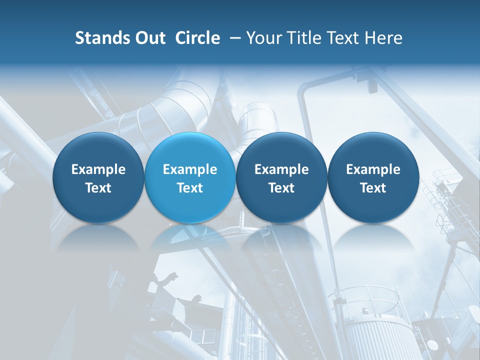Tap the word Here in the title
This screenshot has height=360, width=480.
pyautogui.click(x=382, y=38)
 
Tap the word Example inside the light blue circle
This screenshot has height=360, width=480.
pyautogui.click(x=190, y=169)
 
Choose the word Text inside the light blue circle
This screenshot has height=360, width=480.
pyautogui.click(x=190, y=188)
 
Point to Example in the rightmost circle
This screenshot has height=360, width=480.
pyautogui.click(x=373, y=169)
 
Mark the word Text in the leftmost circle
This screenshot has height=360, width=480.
pyautogui.click(x=98, y=188)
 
